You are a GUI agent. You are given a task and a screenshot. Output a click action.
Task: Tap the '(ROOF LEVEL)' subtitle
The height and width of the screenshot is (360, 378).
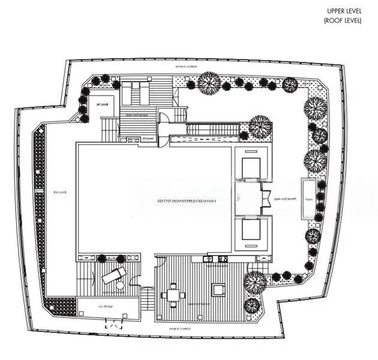tap(344, 20)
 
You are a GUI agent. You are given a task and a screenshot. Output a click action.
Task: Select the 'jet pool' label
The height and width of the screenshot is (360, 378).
tap(101, 104)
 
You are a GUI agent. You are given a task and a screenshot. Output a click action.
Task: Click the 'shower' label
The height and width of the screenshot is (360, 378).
tap(148, 138)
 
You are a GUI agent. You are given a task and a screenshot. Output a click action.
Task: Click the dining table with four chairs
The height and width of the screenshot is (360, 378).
tap(172, 295)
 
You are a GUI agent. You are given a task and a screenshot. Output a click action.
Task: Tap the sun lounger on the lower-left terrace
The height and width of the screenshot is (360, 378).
tap(114, 275)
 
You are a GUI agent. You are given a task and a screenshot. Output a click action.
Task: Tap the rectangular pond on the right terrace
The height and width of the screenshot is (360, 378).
tap(309, 198)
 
